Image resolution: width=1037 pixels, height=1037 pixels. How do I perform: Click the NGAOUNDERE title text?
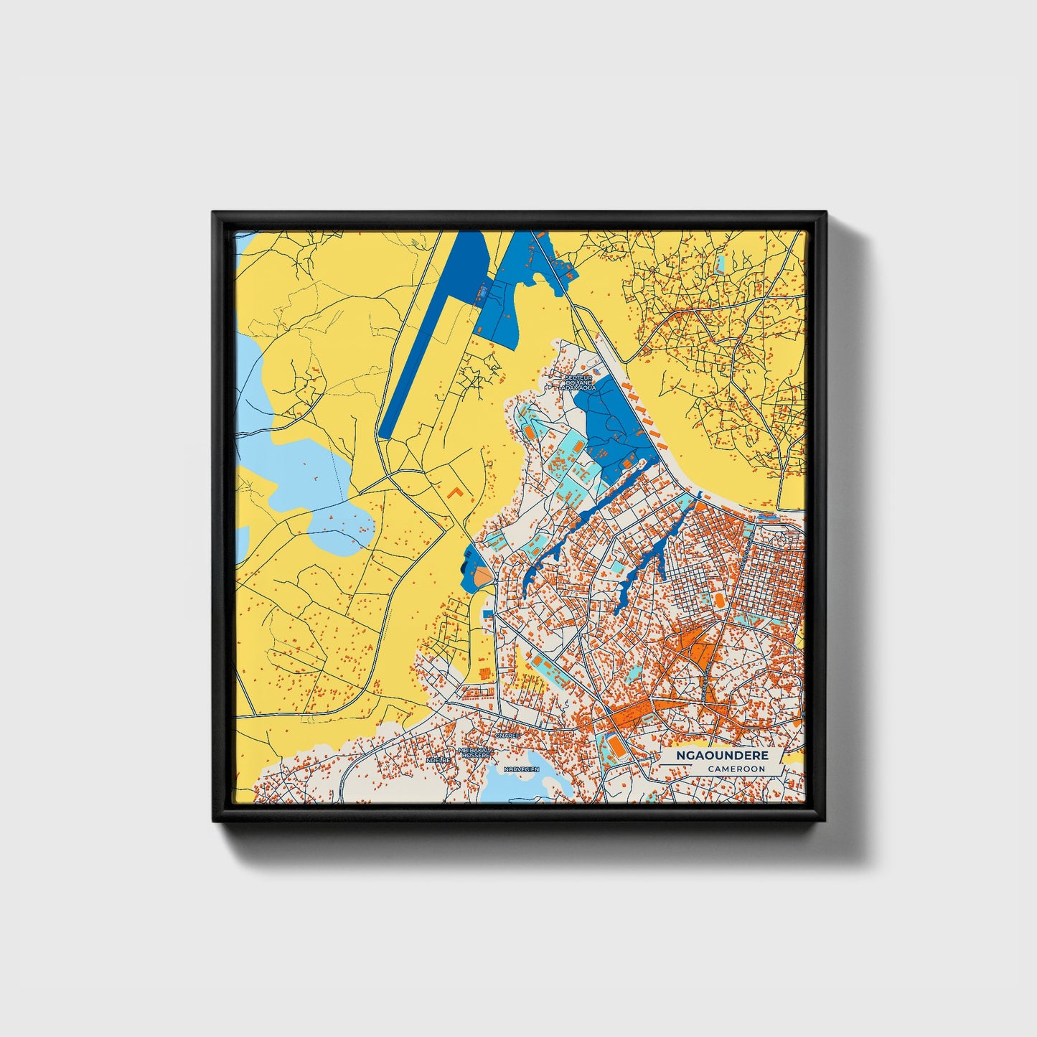coord(722,756)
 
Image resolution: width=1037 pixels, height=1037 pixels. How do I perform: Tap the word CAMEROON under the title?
coord(736,769)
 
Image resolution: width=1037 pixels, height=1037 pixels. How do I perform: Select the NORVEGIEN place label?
coord(521,769)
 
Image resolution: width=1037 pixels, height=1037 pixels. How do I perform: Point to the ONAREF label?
coord(507,736)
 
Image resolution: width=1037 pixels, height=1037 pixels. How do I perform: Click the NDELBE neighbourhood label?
coord(438,759)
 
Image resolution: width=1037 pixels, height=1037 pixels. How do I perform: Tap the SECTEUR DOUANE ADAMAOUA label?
coord(580,382)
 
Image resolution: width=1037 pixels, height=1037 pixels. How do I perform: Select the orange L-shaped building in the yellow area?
coord(455,493)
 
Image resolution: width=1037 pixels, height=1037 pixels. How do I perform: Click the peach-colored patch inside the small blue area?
coord(480,575)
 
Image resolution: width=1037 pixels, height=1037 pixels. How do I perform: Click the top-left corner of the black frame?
coord(214,213)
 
